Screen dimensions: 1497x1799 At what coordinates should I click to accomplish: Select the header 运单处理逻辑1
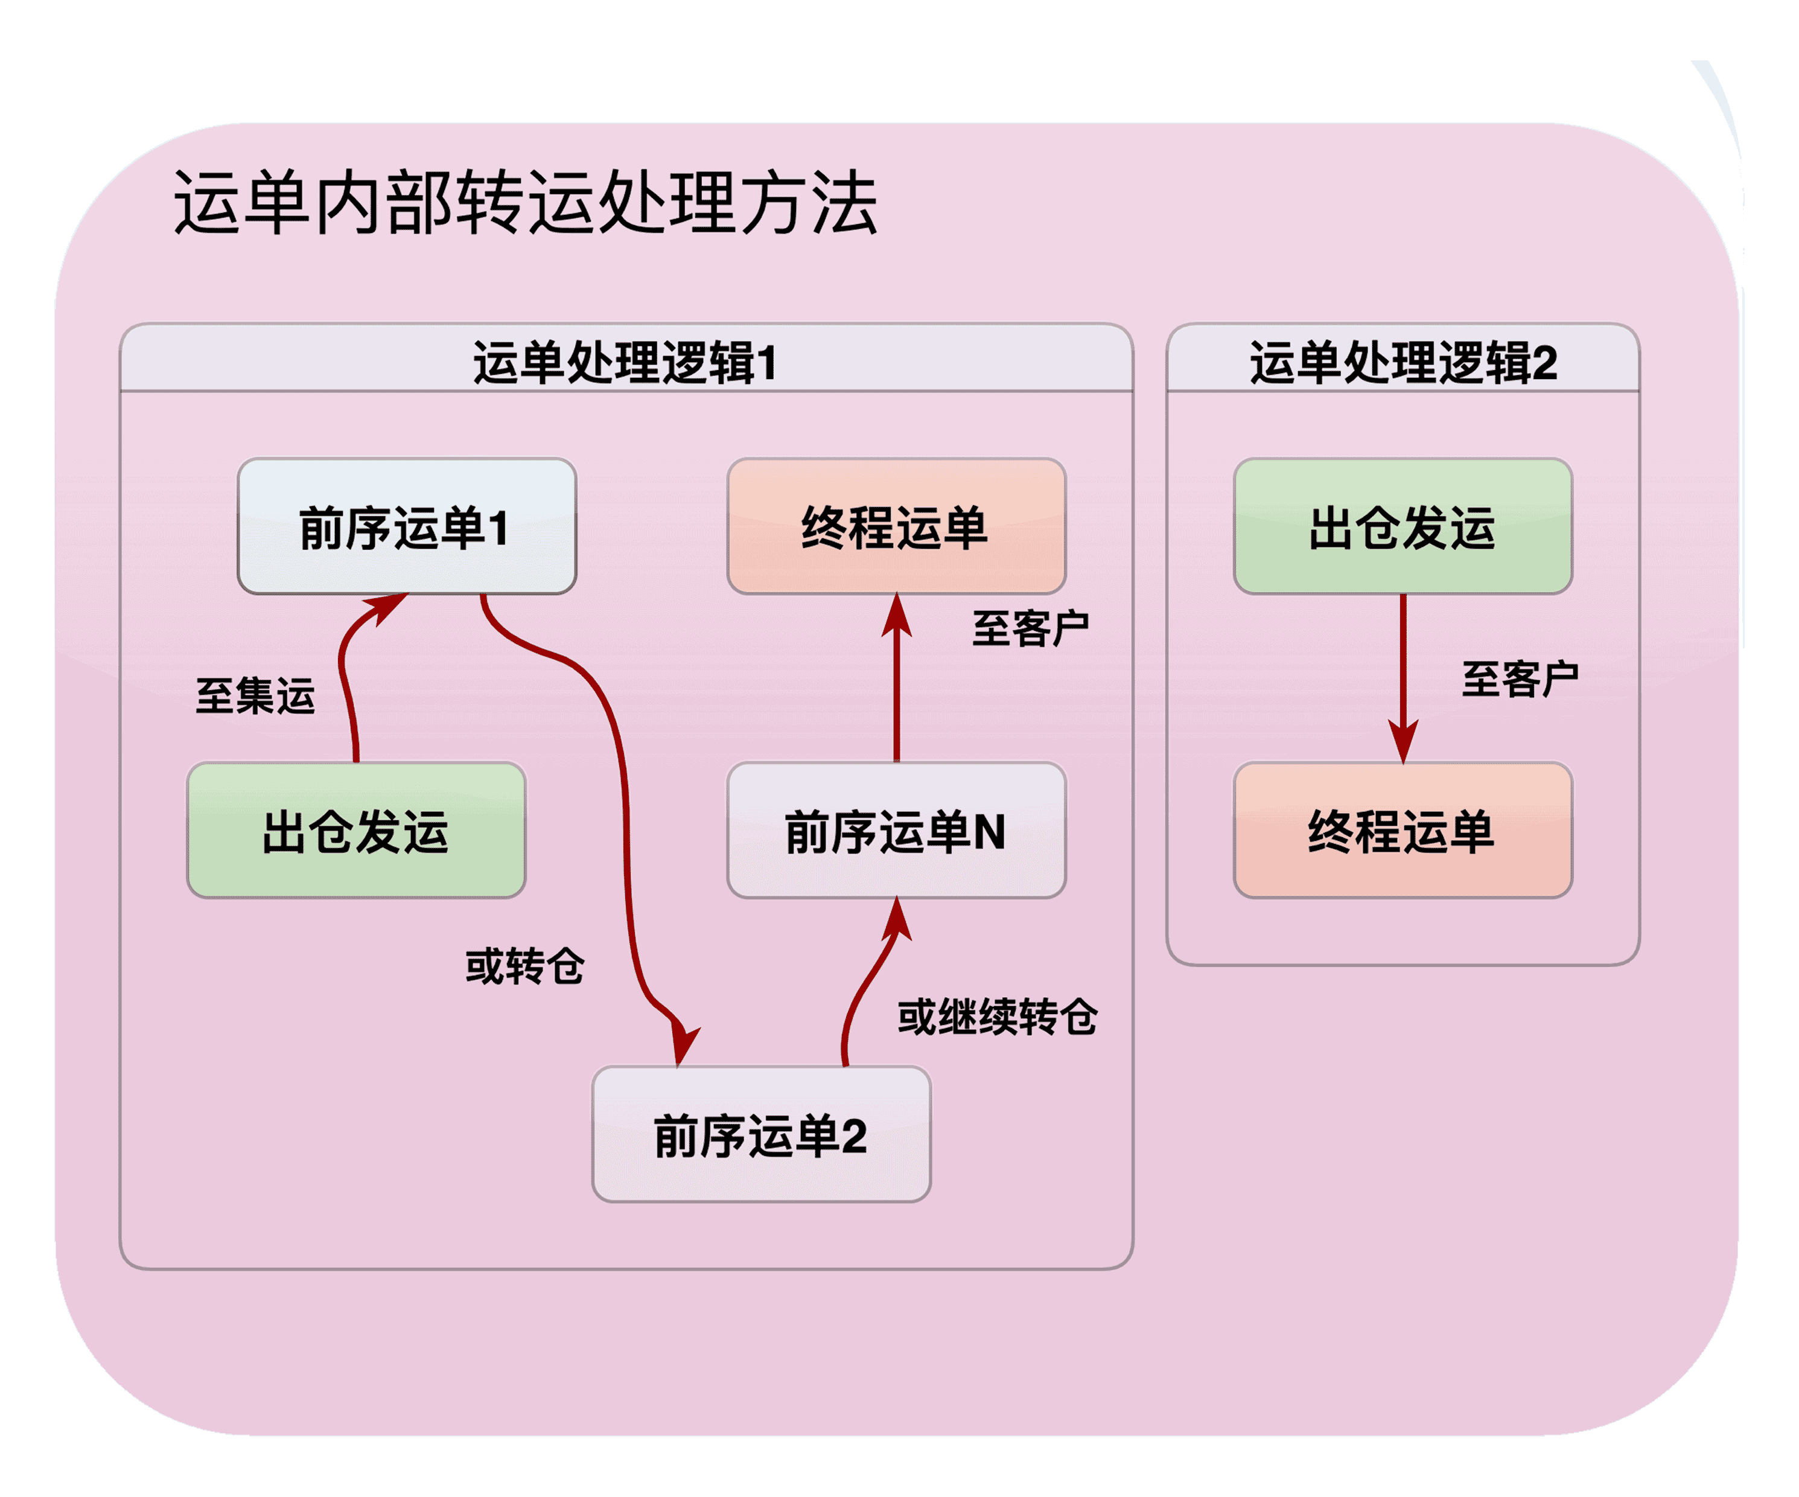coord(625,362)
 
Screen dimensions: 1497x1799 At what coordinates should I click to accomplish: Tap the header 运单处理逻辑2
coord(1403,362)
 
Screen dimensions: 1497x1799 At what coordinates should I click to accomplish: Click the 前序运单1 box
coord(406,526)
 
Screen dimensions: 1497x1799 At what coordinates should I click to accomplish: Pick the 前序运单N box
coord(896,831)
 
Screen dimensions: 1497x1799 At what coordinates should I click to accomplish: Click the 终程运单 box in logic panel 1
coord(896,526)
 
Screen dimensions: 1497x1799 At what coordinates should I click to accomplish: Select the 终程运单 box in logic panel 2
coord(1403,831)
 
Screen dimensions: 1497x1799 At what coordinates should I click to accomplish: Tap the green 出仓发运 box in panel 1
coord(355,831)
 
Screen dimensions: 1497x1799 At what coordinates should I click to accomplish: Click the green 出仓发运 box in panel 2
coord(1403,526)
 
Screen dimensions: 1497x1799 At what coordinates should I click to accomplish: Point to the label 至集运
coord(255,695)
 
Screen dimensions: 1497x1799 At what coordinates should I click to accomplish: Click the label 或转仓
coord(524,966)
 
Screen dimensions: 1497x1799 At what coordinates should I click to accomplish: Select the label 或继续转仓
coord(997,1017)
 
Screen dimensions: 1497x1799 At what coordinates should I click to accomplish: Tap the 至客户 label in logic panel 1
coord(1030,628)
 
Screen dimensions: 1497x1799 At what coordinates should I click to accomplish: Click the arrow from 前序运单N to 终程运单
coord(896,686)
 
